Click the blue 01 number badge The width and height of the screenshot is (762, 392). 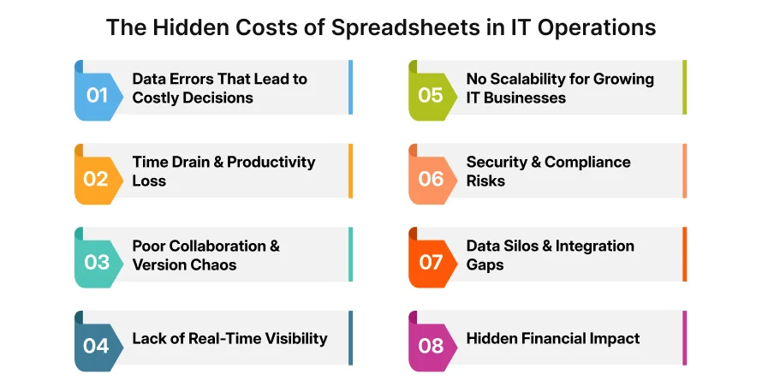coord(97,94)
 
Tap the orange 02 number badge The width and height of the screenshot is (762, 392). coord(97,178)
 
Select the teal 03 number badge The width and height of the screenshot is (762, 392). coord(97,262)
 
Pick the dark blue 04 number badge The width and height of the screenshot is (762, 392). coord(97,345)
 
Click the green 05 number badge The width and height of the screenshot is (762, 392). coord(431,94)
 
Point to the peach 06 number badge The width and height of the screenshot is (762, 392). coord(431,178)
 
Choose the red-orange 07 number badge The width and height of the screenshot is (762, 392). coord(431,262)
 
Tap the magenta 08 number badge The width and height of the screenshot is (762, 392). coord(431,345)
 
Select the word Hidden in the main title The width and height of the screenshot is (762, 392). coord(188,27)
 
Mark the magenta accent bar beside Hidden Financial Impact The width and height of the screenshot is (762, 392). coord(684,338)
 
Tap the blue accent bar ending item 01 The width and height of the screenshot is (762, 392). coord(350,87)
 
